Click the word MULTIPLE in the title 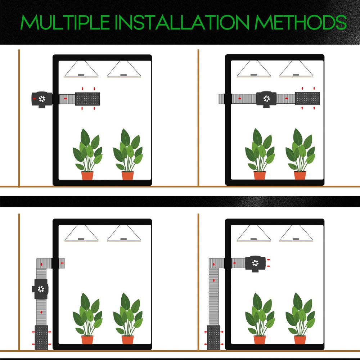tap(65, 22)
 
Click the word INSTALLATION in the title tap(182, 22)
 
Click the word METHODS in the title tap(301, 22)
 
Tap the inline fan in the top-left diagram tap(42, 99)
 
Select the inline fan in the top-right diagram tap(266, 99)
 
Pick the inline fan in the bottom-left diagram tap(40, 289)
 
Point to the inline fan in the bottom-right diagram tap(255, 264)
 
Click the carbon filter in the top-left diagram tap(87, 99)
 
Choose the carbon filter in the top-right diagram tap(307, 98)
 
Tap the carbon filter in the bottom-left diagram tap(41, 338)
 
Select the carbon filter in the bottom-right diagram tap(213, 338)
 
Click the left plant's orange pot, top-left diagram tap(87, 176)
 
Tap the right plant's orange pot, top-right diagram tap(300, 175)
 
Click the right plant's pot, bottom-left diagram tap(128, 340)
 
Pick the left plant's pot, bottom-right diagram tap(260, 340)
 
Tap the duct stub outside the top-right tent tap(221, 99)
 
